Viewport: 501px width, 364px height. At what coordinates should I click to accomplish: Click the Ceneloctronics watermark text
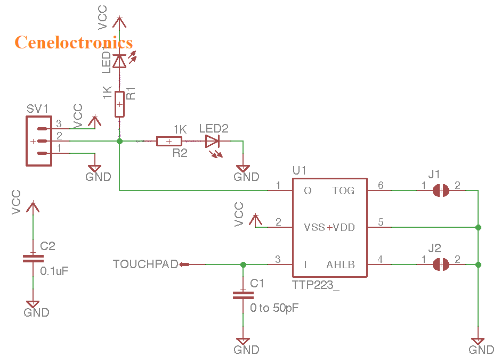tap(74, 42)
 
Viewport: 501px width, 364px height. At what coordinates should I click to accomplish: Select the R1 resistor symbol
tap(119, 104)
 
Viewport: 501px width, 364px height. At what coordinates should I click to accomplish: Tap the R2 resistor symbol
tap(169, 141)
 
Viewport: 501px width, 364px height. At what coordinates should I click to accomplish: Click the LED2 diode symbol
tap(212, 141)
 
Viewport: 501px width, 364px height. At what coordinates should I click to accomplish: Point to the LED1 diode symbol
tap(119, 61)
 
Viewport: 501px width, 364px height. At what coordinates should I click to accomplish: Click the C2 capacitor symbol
tap(33, 259)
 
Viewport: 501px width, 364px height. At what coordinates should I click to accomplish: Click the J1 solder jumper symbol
tap(440, 190)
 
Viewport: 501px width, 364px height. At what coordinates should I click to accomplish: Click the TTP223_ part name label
tap(316, 285)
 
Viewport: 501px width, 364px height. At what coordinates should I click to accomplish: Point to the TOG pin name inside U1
tap(343, 191)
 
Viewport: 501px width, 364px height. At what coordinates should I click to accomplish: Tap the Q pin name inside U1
tap(308, 191)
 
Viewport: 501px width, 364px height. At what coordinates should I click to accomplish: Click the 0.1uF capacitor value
tap(54, 271)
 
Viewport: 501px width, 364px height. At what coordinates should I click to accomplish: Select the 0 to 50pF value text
tap(275, 308)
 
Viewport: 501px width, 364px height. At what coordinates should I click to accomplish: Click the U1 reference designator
tap(300, 170)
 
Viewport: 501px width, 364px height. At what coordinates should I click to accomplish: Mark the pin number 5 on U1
tap(381, 222)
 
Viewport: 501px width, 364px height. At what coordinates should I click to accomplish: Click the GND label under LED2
tap(247, 177)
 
